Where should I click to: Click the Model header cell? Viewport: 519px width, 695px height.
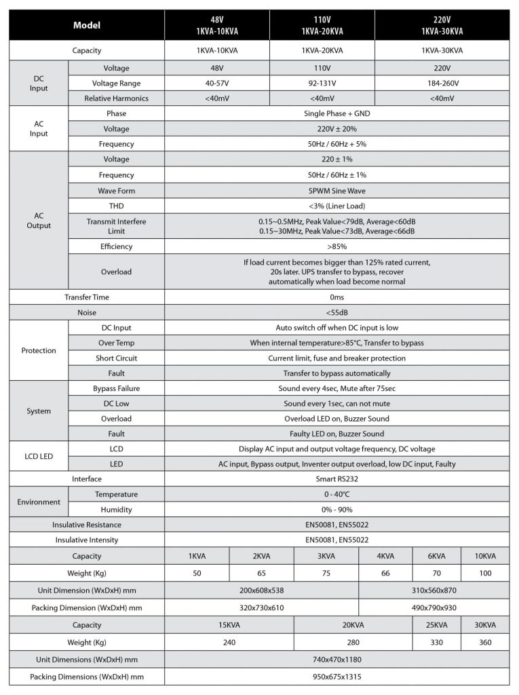(86, 26)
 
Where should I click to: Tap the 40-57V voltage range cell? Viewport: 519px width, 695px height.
(217, 83)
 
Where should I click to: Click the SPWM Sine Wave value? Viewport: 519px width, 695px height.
(337, 191)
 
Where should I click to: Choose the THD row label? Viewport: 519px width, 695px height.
(115, 206)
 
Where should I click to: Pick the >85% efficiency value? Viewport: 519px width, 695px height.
(337, 246)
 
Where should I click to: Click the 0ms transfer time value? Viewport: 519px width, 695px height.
(337, 297)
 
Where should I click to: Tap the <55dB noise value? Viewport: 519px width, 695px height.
(337, 312)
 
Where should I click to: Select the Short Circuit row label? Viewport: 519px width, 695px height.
(115, 358)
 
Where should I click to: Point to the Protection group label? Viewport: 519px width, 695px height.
(39, 351)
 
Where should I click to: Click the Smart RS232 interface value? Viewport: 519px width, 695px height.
(337, 478)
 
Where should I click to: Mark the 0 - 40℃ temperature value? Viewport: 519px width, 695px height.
(337, 494)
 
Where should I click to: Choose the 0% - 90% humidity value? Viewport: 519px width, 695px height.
(337, 510)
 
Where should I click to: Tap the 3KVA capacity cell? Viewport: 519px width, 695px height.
(326, 556)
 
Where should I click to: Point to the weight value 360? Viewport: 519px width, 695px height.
(485, 642)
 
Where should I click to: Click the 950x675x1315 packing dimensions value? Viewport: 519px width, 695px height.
(337, 677)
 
